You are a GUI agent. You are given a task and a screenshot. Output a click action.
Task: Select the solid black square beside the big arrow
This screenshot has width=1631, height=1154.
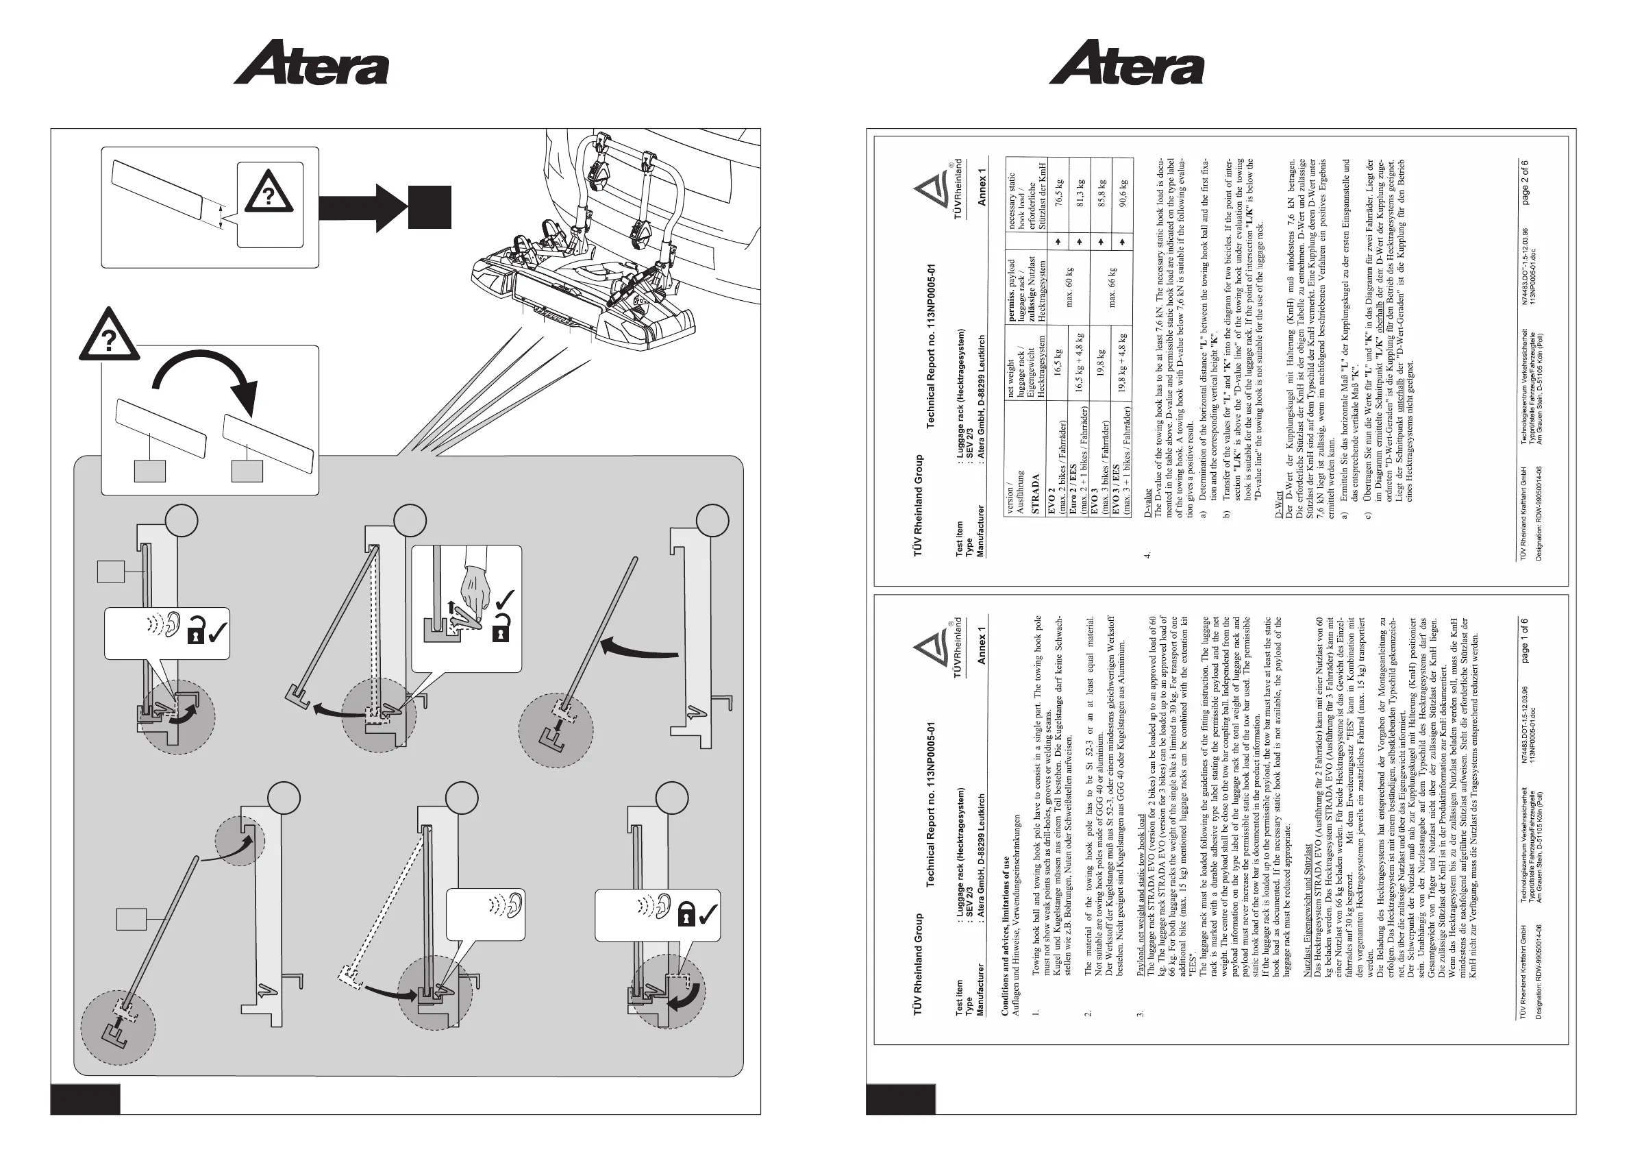(429, 208)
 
